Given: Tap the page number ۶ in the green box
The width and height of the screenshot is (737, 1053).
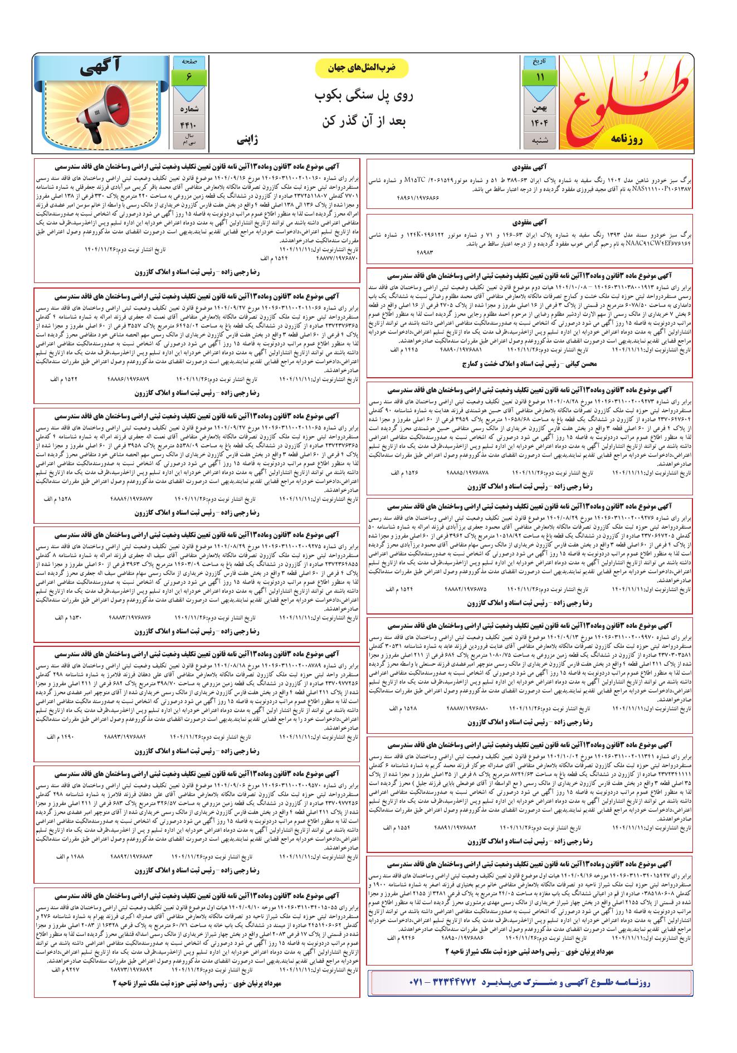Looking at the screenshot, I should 189,77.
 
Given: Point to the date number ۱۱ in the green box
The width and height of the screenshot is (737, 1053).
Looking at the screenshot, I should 539,77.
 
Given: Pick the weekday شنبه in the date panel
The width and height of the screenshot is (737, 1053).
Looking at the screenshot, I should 539,140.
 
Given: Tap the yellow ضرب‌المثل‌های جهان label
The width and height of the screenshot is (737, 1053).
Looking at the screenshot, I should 362,67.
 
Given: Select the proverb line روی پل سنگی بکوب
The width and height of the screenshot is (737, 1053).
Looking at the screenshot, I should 363,96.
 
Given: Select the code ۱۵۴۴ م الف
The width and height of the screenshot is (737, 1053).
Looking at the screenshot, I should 273,259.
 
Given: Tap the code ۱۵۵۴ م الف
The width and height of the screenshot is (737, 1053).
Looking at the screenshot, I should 397,827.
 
